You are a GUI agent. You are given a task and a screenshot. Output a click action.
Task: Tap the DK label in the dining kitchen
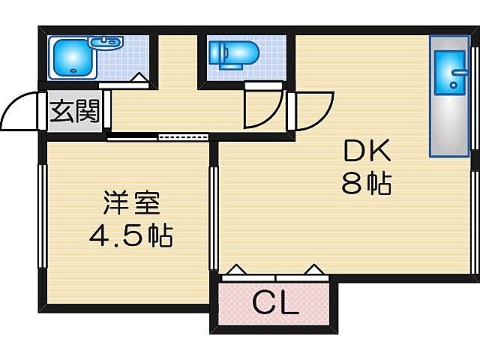click(367, 153)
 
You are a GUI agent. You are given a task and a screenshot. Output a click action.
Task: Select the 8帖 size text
click(367, 184)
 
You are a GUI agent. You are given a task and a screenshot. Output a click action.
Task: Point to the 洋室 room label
click(131, 203)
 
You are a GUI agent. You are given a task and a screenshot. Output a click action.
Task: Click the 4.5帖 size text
click(130, 237)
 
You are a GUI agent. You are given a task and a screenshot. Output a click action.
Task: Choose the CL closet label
click(275, 303)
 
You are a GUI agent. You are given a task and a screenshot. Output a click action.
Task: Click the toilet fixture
click(233, 54)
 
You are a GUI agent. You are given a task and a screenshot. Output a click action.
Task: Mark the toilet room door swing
click(264, 109)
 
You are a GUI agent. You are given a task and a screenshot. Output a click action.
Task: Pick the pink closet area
click(274, 303)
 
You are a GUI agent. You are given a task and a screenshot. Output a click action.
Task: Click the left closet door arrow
click(236, 268)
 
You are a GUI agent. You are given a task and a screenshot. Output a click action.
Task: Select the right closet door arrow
click(313, 268)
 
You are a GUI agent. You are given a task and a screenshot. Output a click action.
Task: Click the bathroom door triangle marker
click(139, 76)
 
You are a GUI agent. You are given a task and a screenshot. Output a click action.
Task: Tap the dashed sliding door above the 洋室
click(184, 137)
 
